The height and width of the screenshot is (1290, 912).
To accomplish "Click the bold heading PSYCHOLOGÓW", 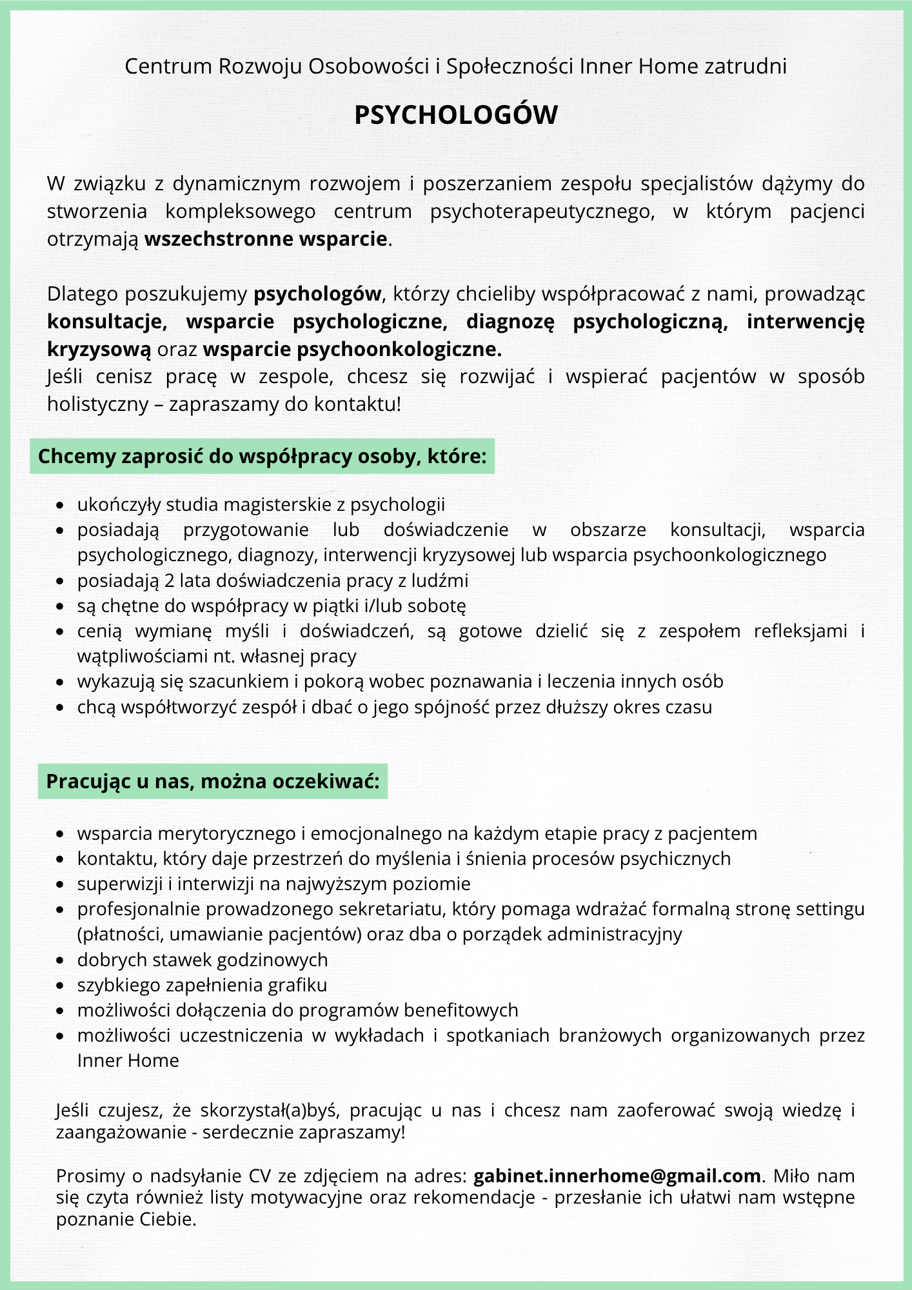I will coord(456,115).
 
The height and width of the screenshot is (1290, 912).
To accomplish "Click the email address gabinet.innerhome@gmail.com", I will coord(617,1176).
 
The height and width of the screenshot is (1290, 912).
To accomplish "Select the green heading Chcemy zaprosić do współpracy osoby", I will coord(262,457).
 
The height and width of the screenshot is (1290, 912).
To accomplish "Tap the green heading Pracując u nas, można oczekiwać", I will coord(213,782).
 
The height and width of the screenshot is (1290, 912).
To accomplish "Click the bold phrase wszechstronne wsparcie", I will coord(266,239).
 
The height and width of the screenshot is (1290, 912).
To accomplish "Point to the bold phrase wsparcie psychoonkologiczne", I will coord(352,350).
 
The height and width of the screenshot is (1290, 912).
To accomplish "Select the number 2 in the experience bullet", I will coord(169,581).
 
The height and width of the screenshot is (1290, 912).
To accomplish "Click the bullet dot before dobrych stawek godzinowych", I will coord(60,961).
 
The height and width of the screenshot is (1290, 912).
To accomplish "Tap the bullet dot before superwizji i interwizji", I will coord(60,885).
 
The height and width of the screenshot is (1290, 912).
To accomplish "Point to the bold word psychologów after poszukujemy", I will coord(317,295).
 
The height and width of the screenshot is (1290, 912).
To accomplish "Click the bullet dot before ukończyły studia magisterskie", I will coord(60,506).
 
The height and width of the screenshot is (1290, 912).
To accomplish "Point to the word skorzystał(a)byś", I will coord(270,1111).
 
